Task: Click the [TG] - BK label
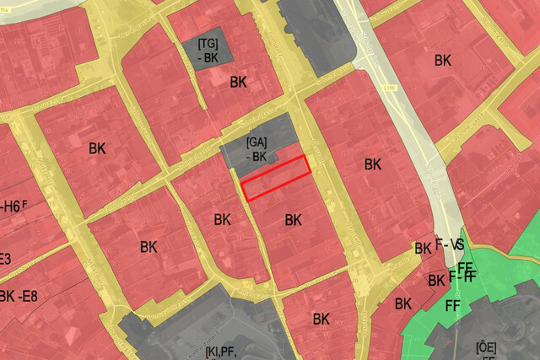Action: click(x=208, y=49)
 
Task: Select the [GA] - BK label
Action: click(x=256, y=149)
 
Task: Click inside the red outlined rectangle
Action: click(x=276, y=177)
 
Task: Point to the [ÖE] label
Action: click(x=485, y=347)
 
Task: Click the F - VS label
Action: click(x=451, y=244)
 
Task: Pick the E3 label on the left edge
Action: click(x=5, y=258)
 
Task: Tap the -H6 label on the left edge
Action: click(x=13, y=206)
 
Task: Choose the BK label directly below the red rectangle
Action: click(x=293, y=220)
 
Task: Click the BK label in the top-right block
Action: click(x=442, y=60)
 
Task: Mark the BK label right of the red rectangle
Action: click(x=373, y=164)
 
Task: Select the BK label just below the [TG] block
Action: click(x=239, y=82)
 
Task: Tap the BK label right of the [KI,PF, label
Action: click(x=321, y=319)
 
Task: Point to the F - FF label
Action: click(x=463, y=275)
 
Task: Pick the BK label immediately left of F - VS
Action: click(x=423, y=249)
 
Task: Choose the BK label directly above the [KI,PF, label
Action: click(x=222, y=220)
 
